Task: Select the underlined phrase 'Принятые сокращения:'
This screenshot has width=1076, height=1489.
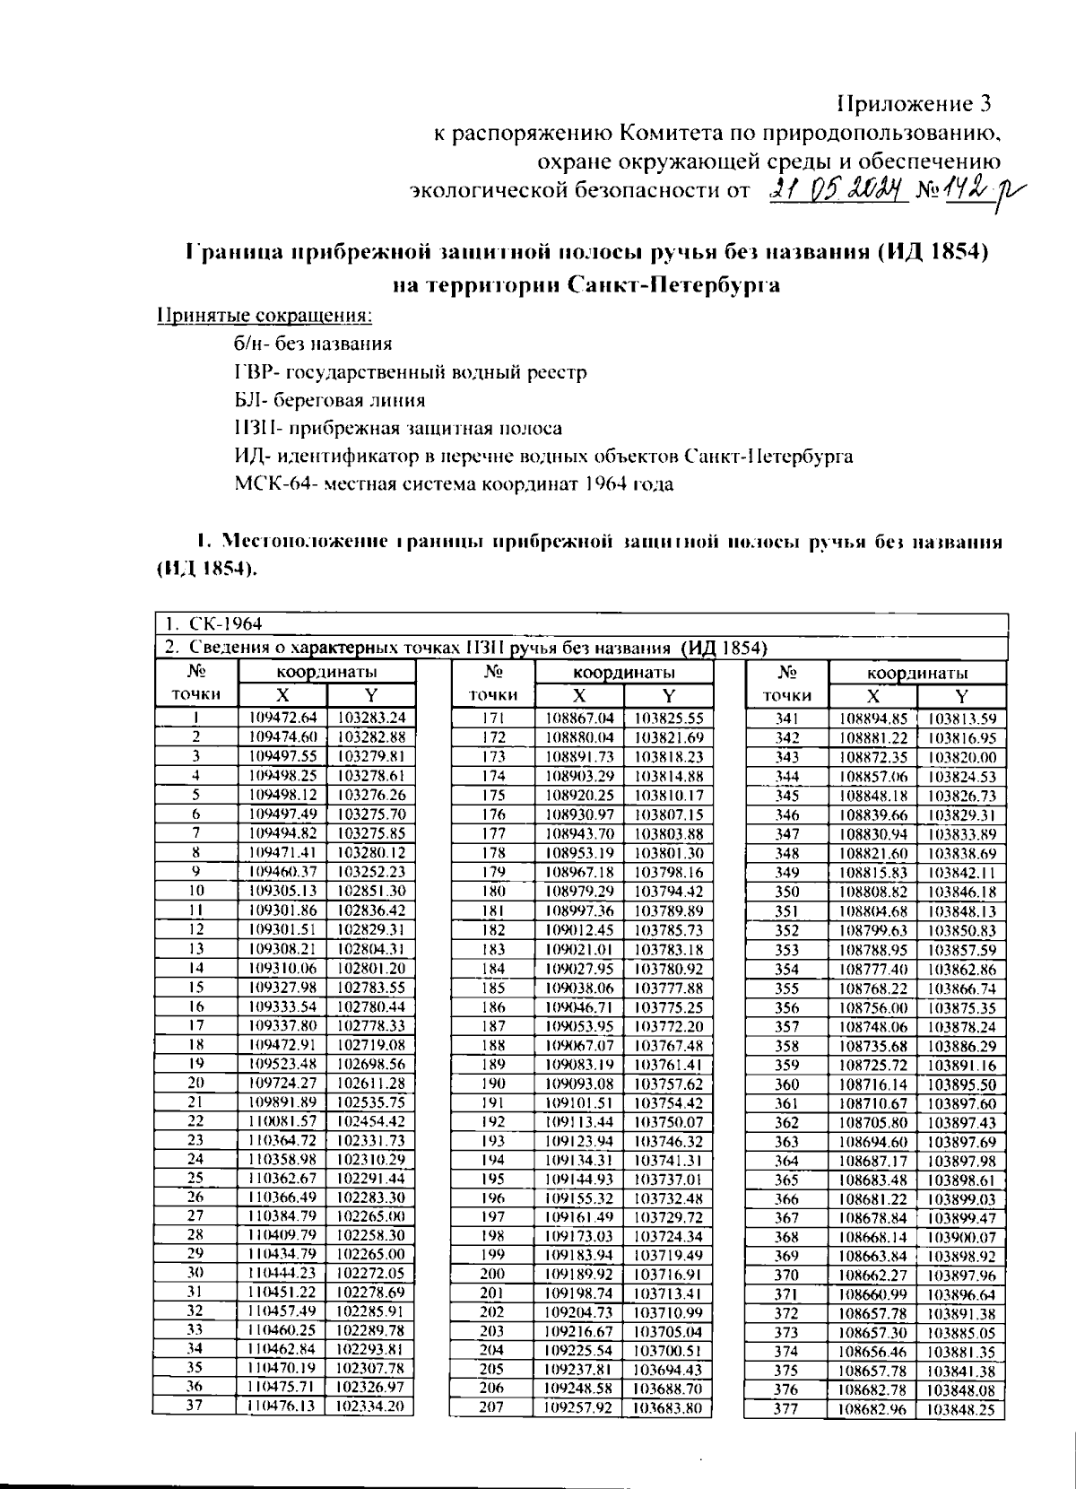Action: tap(265, 316)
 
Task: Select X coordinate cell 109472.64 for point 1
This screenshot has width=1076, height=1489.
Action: tap(282, 718)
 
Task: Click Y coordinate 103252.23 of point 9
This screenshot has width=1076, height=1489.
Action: tap(371, 871)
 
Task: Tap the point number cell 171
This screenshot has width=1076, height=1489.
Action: tap(493, 718)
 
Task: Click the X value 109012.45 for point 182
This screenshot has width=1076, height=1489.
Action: tap(579, 929)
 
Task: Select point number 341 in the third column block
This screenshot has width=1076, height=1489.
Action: tap(787, 718)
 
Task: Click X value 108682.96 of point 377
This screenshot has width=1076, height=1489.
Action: tap(872, 1409)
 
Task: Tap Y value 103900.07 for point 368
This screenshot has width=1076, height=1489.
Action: tap(961, 1237)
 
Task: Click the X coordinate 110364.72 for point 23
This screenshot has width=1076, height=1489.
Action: tap(282, 1140)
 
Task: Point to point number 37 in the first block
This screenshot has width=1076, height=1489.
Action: tap(195, 1406)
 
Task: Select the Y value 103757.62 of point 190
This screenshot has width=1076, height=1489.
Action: tap(668, 1083)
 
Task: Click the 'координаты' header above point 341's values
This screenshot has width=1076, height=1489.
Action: tap(916, 673)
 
